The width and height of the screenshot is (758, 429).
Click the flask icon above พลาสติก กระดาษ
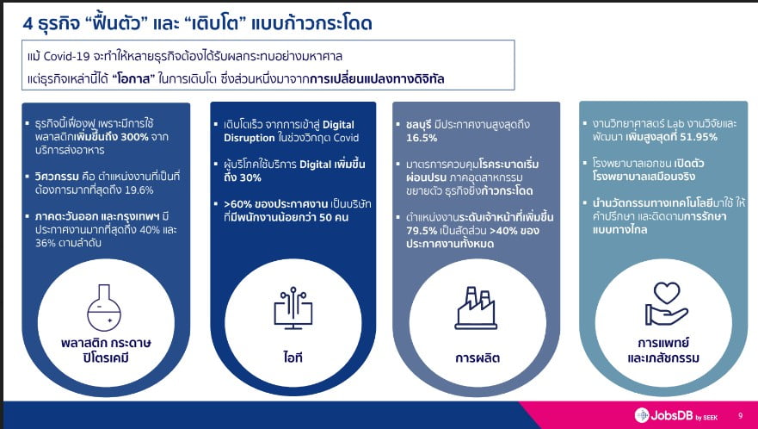(104, 308)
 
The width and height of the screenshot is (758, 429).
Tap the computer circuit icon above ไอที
(293, 308)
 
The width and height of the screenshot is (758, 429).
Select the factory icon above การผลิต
(476, 308)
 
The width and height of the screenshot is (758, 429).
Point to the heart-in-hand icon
(666, 304)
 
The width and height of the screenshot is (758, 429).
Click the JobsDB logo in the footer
(676, 415)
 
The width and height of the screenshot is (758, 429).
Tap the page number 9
(741, 415)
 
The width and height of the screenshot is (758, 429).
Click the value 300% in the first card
(134, 137)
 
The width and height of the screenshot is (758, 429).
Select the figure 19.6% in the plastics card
(139, 190)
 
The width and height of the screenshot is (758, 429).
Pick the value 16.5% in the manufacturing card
(422, 138)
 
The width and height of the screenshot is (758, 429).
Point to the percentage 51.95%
(699, 137)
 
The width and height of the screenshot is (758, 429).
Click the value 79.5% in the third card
(422, 231)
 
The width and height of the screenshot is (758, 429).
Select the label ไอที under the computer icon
(293, 357)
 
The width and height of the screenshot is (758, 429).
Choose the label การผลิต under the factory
(478, 358)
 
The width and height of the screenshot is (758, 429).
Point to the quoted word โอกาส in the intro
(134, 79)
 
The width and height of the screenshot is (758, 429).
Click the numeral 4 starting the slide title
(28, 24)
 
